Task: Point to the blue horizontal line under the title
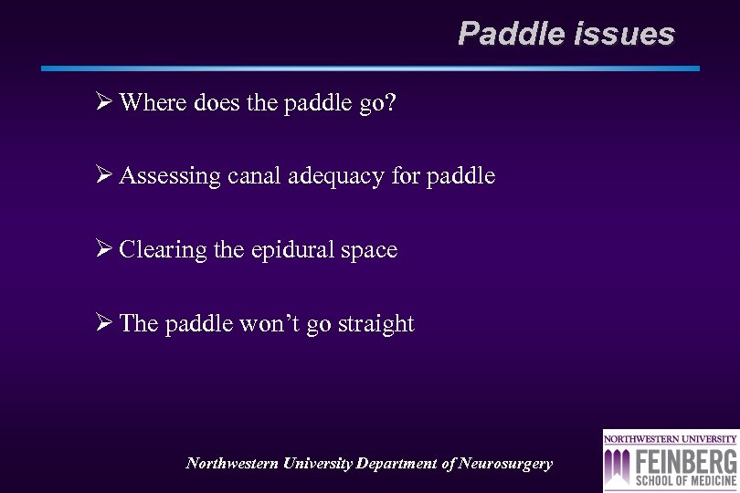coord(370,68)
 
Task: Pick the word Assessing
coord(170,176)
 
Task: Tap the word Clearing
coord(163,250)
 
